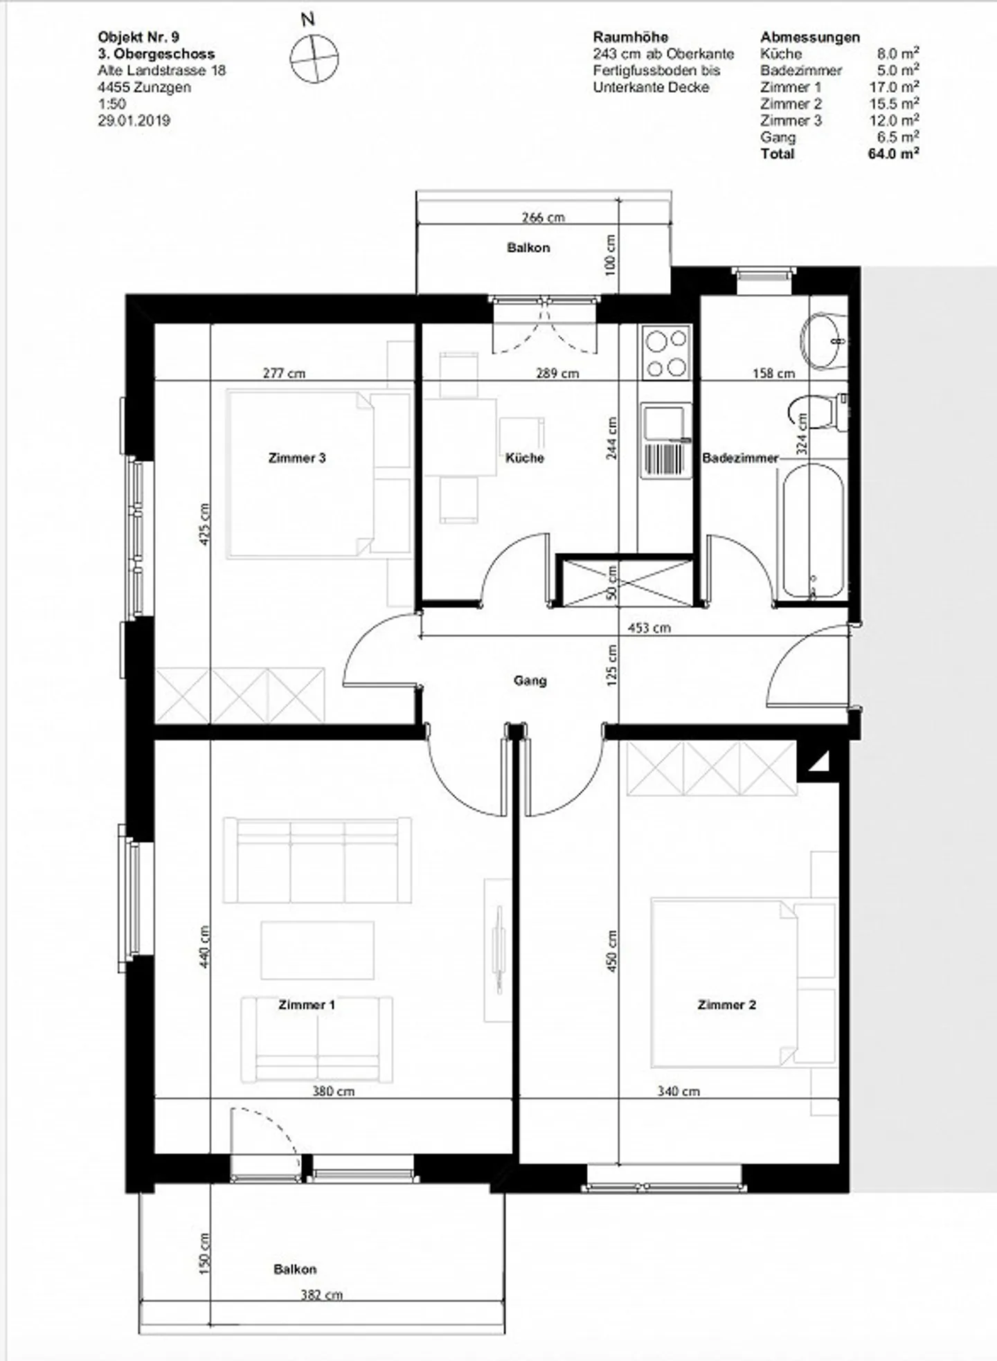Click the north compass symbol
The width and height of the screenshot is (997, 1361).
[x=314, y=59]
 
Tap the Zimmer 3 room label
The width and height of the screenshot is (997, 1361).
[x=297, y=458]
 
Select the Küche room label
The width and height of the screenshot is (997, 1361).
[x=524, y=458]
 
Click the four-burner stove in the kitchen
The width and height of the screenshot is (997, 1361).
[x=666, y=352]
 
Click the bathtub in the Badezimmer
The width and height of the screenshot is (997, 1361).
[x=813, y=532]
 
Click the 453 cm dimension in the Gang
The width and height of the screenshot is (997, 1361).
[x=648, y=628]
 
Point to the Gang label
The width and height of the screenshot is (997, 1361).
[x=530, y=680]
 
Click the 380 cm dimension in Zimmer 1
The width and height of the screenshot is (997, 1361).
[x=333, y=1091]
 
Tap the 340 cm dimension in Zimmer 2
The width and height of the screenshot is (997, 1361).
[x=678, y=1091]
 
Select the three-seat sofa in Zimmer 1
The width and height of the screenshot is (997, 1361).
[x=317, y=860]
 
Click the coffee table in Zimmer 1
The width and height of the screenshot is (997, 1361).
[x=317, y=950]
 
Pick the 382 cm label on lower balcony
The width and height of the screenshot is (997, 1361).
[x=321, y=1295]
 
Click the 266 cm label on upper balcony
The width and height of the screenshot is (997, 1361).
[x=543, y=217]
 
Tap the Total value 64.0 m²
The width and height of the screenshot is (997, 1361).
[x=893, y=154]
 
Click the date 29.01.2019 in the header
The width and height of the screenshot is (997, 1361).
[x=134, y=120]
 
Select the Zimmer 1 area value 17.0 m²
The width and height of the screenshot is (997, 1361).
[x=893, y=87]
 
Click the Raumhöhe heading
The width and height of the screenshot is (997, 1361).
[x=630, y=37]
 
